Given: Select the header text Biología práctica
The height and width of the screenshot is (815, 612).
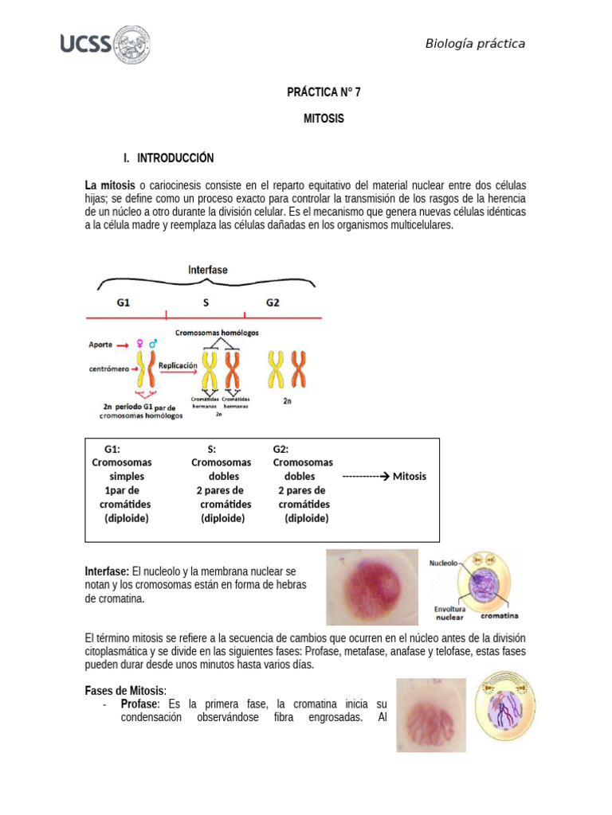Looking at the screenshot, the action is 475,44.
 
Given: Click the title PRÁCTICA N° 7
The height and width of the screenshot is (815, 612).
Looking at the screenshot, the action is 324,92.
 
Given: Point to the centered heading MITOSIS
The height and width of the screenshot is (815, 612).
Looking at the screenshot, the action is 324,118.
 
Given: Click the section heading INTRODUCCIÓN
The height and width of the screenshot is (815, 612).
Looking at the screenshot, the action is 175,158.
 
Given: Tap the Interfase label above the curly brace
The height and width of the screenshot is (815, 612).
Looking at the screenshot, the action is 207,270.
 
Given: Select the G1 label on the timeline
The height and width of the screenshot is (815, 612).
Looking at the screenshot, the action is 124,303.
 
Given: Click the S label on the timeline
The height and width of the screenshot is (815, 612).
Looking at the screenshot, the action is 206,303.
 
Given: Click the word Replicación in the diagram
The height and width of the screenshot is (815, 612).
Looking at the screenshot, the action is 177,365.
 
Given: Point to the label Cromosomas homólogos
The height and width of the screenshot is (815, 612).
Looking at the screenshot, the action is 218,332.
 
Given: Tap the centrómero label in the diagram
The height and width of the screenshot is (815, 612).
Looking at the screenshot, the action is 109,369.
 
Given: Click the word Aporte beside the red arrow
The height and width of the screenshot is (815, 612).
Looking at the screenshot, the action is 100,345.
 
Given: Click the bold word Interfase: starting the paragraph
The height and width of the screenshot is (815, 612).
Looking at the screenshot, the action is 107,571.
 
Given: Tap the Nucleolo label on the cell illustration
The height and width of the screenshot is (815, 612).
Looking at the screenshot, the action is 443,563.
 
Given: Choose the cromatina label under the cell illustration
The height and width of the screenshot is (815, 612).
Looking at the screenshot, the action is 499,615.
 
